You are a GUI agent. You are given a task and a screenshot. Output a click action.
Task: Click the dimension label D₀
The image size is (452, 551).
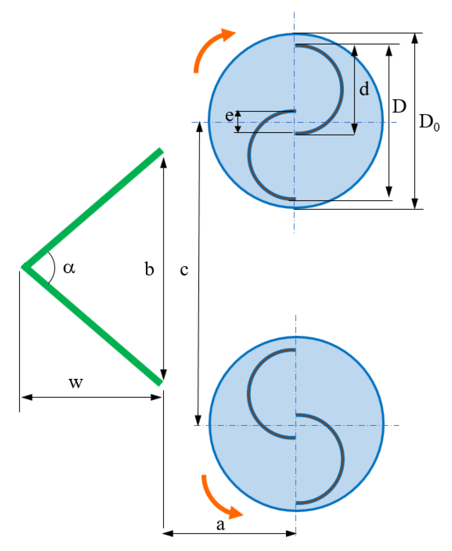(x=429, y=122)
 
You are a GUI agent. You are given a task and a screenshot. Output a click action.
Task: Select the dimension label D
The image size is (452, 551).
(x=399, y=106)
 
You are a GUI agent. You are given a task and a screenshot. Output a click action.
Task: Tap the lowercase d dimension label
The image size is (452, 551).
(x=364, y=89)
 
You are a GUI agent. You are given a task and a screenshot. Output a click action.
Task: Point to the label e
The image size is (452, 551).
(x=229, y=115)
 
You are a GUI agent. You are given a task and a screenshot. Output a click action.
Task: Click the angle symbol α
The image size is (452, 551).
(x=69, y=268)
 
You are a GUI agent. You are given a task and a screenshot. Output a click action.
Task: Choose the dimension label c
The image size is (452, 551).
(x=184, y=270)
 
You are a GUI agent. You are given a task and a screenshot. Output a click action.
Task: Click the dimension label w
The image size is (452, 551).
(x=76, y=383)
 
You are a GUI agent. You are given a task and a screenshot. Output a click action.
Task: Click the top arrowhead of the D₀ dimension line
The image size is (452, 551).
(x=415, y=38)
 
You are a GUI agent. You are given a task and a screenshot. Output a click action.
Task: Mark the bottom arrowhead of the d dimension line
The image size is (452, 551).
(x=354, y=129)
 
